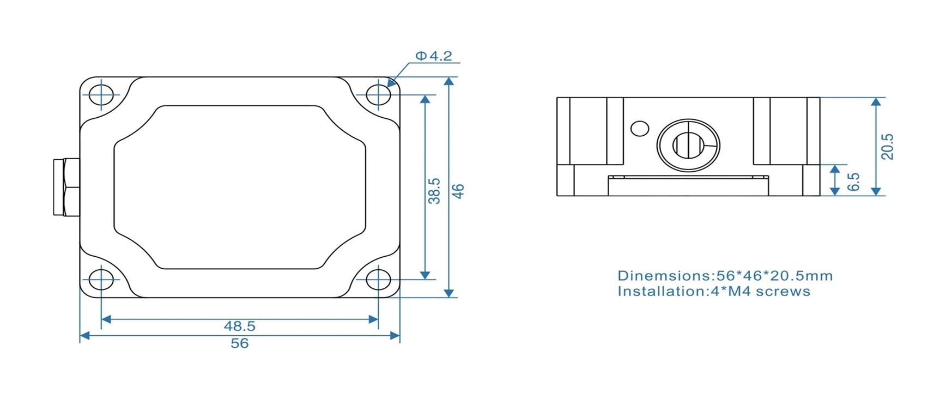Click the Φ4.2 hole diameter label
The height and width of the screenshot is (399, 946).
click(434, 56)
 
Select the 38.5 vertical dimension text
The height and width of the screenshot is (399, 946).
click(434, 191)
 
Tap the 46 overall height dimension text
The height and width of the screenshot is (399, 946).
click(458, 191)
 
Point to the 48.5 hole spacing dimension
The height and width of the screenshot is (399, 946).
click(239, 326)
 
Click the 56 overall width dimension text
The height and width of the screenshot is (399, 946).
click(239, 343)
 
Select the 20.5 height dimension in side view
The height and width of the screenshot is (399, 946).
click(888, 146)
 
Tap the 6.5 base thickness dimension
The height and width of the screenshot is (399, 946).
click(854, 182)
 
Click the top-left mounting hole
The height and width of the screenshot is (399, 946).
click(101, 95)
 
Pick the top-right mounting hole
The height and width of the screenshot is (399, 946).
click(378, 95)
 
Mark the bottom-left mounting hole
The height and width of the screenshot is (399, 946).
click(101, 280)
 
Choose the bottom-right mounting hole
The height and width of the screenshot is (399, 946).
click(378, 280)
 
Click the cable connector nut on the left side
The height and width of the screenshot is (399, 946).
click(66, 187)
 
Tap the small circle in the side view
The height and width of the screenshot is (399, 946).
click(639, 129)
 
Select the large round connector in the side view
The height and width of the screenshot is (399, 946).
click(688, 146)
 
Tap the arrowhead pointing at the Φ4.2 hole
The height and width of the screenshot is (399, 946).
click(391, 83)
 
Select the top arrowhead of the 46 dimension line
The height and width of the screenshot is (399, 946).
click(448, 82)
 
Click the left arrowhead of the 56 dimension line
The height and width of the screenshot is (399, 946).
click(84, 336)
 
